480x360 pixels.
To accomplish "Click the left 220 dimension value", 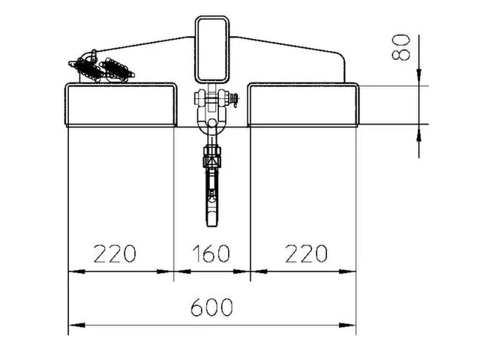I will (115, 253).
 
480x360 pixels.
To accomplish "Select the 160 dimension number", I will (211, 253).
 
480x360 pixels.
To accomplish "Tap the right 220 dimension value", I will (307, 253).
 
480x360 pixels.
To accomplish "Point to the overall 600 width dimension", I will (211, 307).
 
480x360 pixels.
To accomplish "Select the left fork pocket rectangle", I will (121, 106).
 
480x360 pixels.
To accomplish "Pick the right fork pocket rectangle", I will (303, 106).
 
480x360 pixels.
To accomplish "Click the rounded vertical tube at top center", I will (213, 48).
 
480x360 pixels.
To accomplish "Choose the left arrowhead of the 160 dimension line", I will (179, 271).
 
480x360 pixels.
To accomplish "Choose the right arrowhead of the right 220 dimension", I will (351, 271).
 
